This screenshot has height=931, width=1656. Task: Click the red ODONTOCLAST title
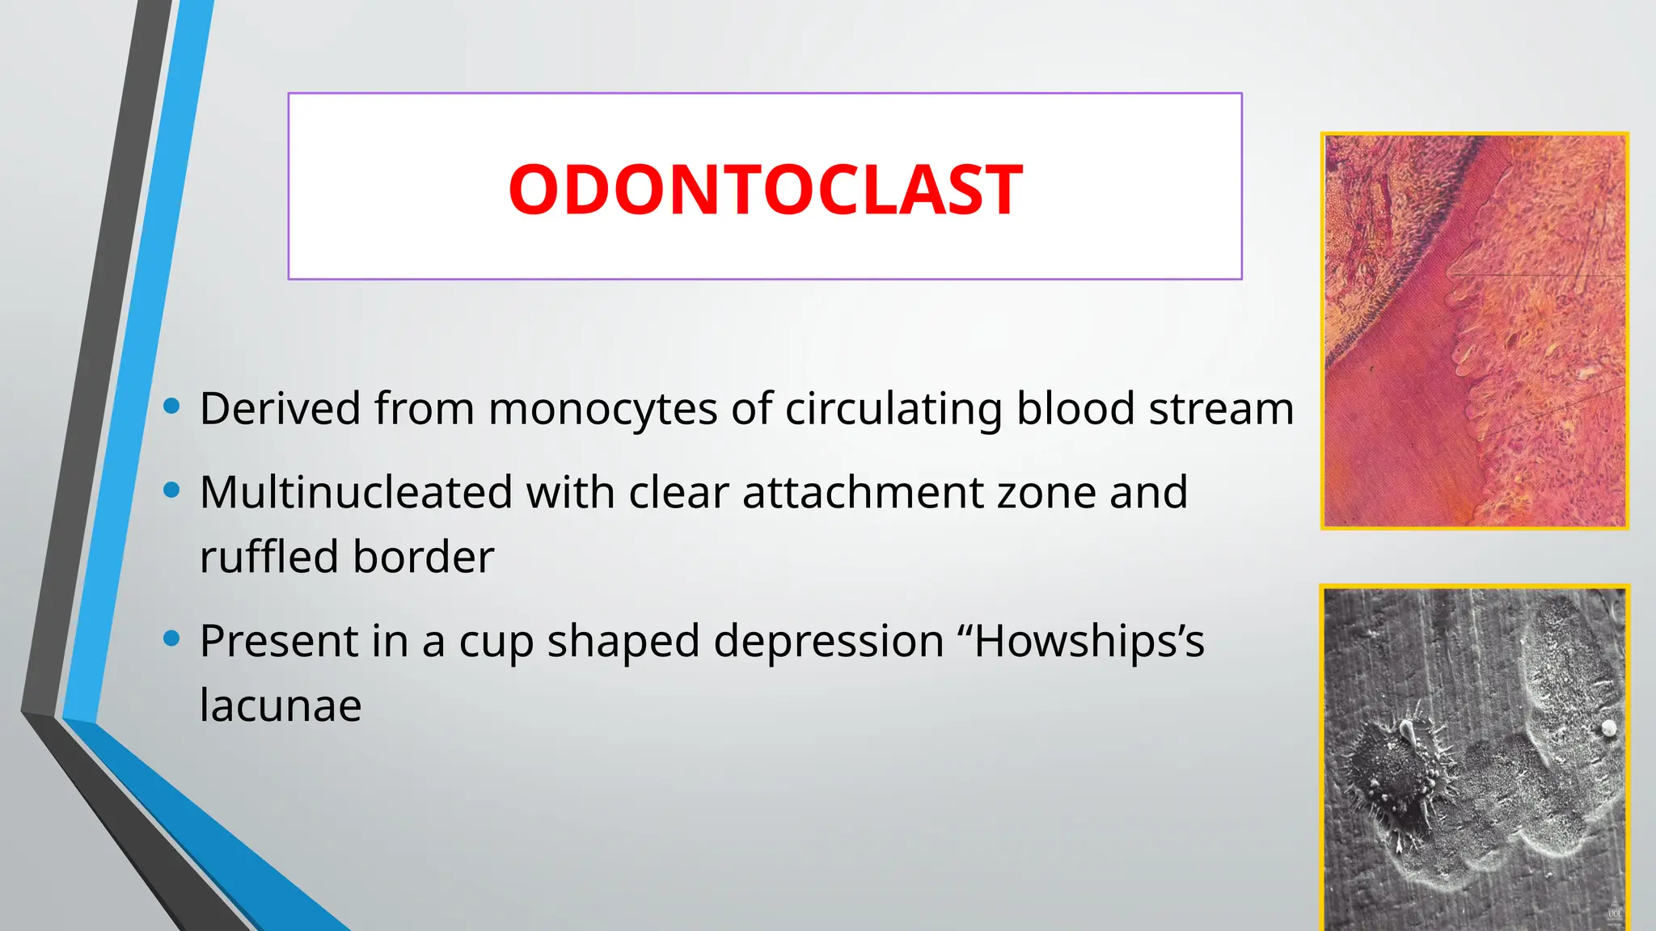point(765,190)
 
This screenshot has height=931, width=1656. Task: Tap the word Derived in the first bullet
point(280,408)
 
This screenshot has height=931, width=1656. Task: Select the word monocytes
point(602,410)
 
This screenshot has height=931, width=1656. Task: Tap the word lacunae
point(280,706)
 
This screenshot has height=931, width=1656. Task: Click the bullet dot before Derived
point(171,406)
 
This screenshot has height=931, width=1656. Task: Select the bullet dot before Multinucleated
point(171,490)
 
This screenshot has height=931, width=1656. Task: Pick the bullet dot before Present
point(171,638)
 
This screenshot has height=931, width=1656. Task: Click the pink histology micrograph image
point(1474,331)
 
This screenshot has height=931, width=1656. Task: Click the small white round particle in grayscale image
point(1608,728)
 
